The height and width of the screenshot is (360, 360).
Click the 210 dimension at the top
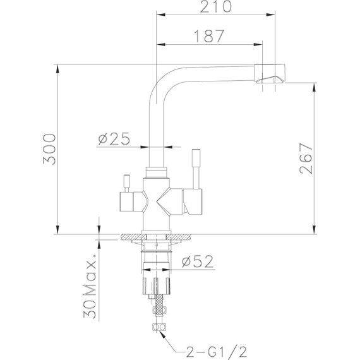pos(213,8)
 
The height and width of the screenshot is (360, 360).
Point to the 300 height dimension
pos(49,149)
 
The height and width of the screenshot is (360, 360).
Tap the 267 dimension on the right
pos(306,157)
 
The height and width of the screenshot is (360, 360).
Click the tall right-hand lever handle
pos(196,168)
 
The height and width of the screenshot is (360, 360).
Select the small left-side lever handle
pos(126,184)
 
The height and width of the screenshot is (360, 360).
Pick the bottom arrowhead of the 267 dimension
pos(315,230)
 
